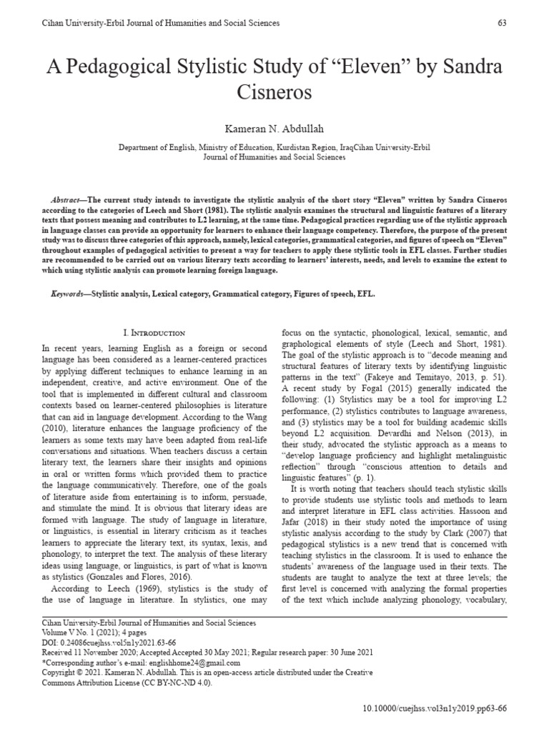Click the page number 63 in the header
point(502,23)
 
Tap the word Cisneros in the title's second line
point(274,94)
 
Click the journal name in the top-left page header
point(151,23)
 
